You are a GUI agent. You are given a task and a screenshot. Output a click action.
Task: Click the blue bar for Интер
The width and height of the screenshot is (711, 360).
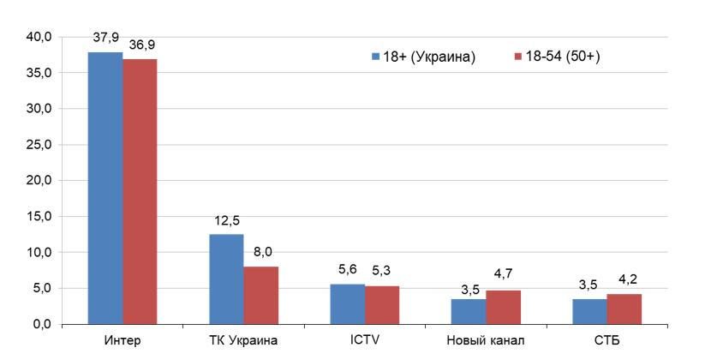105,189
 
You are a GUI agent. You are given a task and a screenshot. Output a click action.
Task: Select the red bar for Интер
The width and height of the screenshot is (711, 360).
140,192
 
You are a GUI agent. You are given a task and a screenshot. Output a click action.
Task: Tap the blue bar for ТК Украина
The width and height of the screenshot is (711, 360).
226,279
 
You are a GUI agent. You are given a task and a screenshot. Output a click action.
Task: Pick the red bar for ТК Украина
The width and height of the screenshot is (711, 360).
260,296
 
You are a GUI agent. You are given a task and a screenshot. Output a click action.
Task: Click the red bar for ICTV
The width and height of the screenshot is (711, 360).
382,305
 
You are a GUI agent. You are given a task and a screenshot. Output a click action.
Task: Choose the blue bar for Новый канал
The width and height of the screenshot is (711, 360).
469,312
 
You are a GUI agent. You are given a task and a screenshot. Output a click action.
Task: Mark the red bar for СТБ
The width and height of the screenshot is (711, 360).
624,309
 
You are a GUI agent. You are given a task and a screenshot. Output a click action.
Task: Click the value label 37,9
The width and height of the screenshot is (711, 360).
105,39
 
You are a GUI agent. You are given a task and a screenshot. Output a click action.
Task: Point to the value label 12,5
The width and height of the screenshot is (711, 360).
226,221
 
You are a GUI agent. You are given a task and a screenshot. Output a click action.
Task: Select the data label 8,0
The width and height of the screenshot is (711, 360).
260,254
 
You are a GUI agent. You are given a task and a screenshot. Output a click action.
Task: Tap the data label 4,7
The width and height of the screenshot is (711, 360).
504,278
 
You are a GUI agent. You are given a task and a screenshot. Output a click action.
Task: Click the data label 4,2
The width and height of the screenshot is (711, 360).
624,281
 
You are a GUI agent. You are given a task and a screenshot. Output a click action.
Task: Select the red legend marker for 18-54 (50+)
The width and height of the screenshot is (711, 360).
517,57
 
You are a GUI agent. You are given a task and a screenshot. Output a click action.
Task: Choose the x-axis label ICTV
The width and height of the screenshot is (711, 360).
364,342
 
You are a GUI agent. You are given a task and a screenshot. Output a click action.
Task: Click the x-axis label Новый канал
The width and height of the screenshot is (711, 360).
486,342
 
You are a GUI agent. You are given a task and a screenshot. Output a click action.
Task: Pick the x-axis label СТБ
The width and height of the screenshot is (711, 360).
607,342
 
